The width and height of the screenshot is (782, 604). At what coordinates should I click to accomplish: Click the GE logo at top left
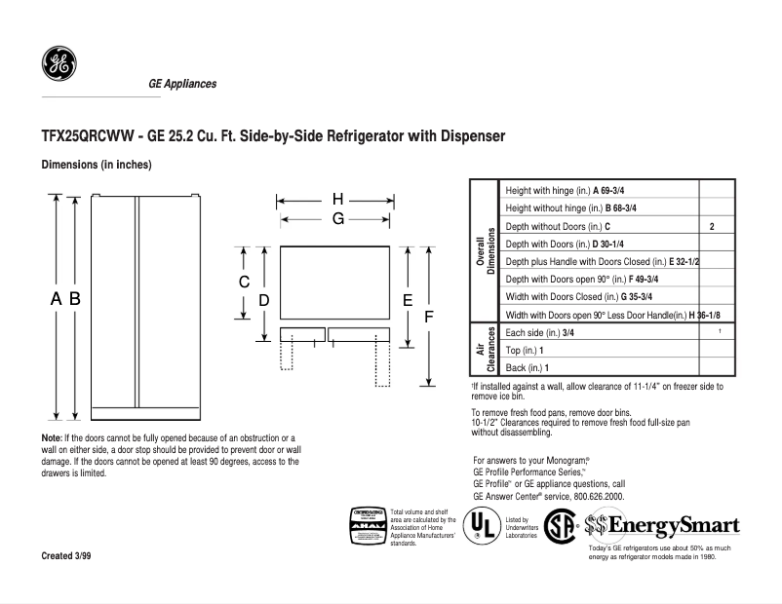coord(59,66)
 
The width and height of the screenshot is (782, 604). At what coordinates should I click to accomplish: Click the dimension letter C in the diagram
coord(245,283)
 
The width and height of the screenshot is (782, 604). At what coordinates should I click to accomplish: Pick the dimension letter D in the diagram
coord(263,301)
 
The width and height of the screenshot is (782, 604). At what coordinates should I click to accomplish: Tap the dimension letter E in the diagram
coord(409,301)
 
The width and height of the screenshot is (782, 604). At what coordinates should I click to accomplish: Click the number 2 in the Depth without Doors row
coord(713,226)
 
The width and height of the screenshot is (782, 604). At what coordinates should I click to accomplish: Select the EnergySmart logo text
coord(673,527)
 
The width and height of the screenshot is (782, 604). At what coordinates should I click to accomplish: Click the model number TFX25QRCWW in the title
coord(88,136)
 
